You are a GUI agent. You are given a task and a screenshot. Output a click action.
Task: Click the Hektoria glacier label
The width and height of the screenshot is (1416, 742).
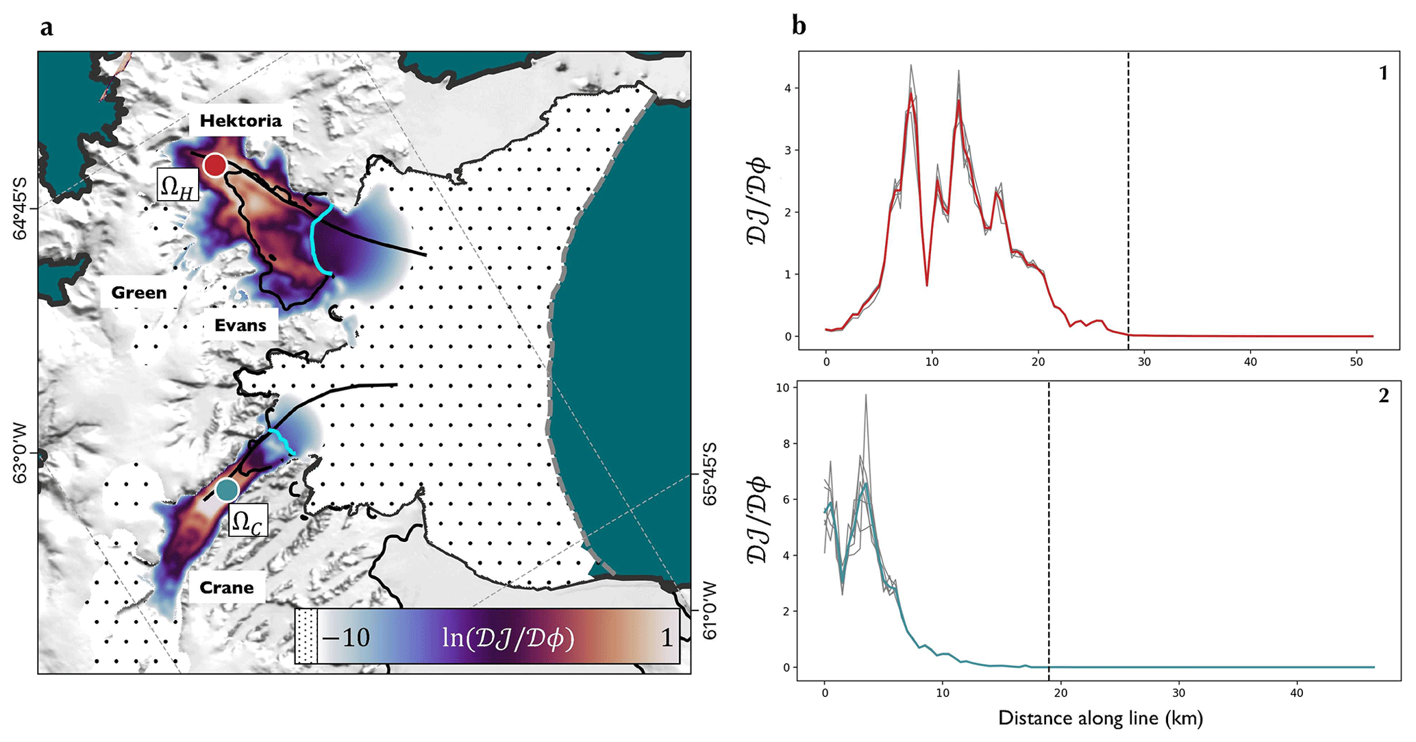pos(240,121)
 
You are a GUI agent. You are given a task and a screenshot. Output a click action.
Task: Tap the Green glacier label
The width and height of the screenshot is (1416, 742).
pos(139,293)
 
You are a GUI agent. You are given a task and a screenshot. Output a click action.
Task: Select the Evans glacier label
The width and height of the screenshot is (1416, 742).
pos(240,325)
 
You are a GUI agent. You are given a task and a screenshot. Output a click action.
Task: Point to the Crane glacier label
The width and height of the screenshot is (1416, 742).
pos(226,588)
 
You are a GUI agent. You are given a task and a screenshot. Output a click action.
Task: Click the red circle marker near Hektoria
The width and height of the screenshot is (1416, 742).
pos(215,165)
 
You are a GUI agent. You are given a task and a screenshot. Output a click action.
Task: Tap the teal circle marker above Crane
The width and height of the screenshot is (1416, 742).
pos(227,490)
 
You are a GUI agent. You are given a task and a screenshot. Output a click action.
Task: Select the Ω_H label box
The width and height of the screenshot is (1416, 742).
pos(177,185)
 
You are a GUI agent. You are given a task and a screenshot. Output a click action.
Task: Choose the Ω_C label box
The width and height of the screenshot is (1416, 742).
pos(247,521)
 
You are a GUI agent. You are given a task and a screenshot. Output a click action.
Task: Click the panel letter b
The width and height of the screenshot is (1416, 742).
pos(799,26)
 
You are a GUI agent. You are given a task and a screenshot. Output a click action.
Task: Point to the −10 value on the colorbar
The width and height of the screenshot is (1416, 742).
pos(346,638)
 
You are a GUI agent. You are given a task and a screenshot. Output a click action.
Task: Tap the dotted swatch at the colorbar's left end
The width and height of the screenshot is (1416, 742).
pos(306,636)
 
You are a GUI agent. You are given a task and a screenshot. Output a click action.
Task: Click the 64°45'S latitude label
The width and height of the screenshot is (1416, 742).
pos(21,208)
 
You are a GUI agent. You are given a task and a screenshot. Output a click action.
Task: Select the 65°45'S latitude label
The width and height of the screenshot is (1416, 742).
pos(710,473)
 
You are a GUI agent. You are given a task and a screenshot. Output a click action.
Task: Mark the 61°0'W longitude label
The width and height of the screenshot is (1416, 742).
pos(710,610)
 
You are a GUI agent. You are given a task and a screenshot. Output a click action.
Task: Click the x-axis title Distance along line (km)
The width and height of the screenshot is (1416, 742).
pos(1100,718)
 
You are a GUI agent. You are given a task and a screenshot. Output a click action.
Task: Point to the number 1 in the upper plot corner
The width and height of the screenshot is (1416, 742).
pos(1383,73)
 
